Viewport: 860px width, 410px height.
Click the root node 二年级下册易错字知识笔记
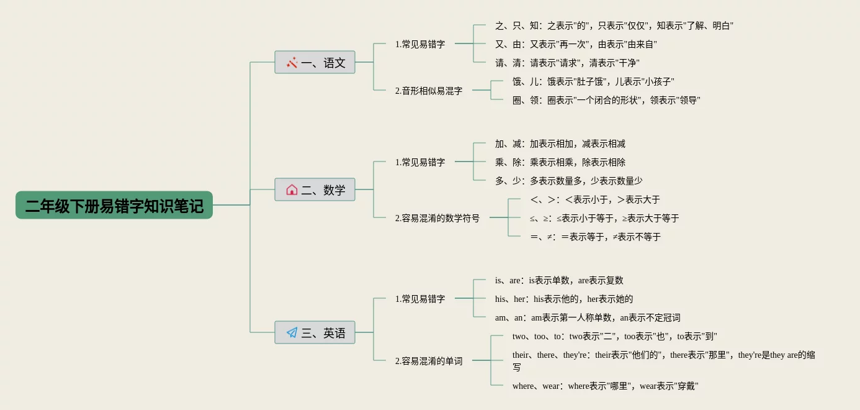(114, 205)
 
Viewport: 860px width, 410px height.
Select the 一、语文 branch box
(315, 62)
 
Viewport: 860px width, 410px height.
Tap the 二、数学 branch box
(315, 189)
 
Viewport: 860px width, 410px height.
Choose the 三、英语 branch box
(315, 332)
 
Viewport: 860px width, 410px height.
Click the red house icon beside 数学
(292, 189)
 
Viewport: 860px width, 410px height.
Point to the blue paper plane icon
(292, 332)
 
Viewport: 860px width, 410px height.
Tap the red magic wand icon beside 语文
(292, 62)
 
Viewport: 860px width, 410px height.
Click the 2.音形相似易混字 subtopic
(429, 91)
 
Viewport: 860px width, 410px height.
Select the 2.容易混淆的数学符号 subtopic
(437, 218)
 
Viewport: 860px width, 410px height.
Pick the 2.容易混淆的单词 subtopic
(429, 361)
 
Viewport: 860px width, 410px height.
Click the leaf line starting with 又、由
(576, 44)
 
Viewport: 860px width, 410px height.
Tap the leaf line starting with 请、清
(567, 63)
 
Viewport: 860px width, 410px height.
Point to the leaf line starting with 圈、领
(606, 100)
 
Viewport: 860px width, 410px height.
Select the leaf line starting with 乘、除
(560, 162)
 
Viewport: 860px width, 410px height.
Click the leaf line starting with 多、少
(568, 181)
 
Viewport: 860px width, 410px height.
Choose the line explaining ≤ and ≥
(604, 218)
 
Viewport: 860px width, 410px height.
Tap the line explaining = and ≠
(596, 237)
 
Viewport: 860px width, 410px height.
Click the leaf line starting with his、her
(564, 299)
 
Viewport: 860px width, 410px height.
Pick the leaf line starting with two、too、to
(615, 336)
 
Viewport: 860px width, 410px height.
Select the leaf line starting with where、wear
(606, 386)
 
